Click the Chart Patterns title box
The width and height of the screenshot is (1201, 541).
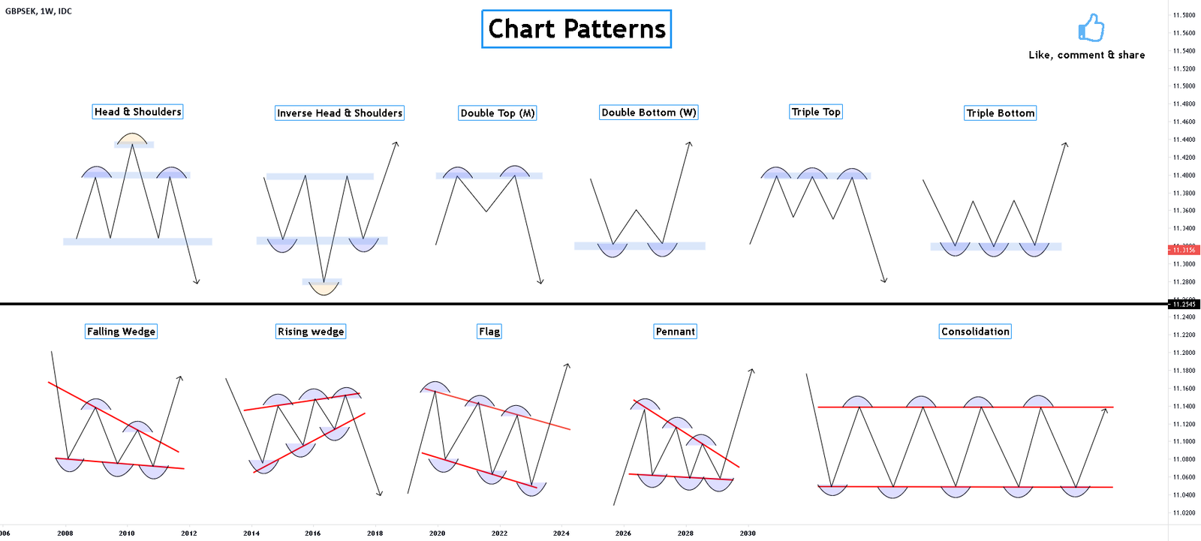point(576,29)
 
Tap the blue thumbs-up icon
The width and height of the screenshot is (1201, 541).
point(1091,28)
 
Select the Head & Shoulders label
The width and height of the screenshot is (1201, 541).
point(137,112)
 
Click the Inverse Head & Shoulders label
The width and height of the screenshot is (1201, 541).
point(339,113)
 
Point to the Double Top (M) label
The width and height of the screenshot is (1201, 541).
point(498,113)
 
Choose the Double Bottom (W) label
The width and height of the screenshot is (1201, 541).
point(649,113)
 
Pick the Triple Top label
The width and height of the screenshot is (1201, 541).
point(816,112)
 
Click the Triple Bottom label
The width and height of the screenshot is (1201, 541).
point(1001,113)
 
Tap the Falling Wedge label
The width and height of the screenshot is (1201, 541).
point(121,332)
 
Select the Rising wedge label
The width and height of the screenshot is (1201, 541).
point(311,332)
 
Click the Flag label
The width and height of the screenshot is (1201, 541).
point(489,332)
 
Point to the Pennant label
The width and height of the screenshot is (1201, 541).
point(676,332)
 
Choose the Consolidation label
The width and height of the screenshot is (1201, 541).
point(975,332)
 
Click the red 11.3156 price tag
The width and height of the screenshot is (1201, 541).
point(1184,250)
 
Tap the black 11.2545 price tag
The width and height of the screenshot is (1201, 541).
point(1184,305)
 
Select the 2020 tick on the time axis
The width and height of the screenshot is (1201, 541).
point(437,533)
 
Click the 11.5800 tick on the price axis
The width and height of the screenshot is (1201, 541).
point(1184,15)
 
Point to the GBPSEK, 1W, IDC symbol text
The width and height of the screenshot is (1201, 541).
point(38,11)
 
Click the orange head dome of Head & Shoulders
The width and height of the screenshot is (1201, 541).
point(132,138)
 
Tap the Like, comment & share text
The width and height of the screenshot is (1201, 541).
point(1086,55)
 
